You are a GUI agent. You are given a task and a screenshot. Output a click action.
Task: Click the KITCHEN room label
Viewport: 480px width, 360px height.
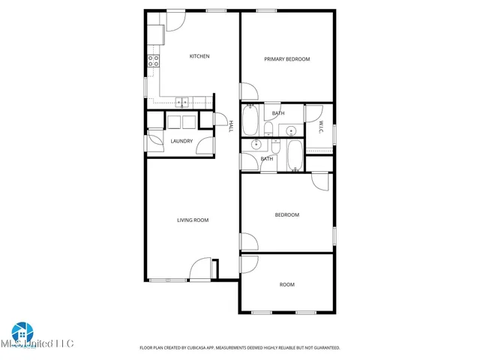[199, 56]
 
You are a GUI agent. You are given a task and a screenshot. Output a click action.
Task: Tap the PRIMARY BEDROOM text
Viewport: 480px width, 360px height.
[286, 59]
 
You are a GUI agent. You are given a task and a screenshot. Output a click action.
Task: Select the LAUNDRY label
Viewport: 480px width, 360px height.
[181, 141]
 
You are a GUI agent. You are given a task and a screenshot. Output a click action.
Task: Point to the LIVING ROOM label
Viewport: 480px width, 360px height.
[193, 220]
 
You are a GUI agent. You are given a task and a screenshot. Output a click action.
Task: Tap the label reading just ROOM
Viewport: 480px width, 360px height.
[286, 284]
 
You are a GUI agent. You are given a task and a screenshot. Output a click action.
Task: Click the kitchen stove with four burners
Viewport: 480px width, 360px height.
[153, 61]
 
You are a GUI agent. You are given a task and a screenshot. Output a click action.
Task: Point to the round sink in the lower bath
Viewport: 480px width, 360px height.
[256, 145]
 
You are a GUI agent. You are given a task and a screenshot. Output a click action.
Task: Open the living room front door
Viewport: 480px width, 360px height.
[200, 268]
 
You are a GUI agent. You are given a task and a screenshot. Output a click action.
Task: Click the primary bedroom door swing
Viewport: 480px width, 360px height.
[248, 91]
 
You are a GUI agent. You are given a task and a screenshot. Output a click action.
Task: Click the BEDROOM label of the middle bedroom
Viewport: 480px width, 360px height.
[286, 215]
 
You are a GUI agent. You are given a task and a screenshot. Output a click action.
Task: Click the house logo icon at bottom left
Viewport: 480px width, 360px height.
[21, 331]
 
